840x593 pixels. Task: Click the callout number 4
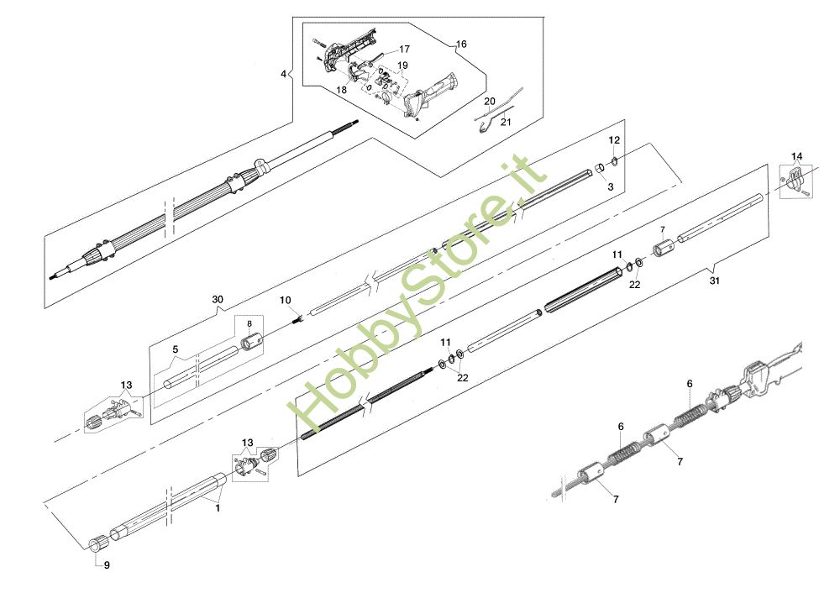click(x=283, y=74)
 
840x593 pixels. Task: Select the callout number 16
click(x=461, y=44)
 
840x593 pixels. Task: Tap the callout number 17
click(x=404, y=50)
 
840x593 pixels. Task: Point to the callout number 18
click(x=342, y=90)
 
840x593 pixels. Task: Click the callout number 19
click(x=403, y=66)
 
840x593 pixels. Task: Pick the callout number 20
click(x=489, y=102)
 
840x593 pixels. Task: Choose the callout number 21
click(x=506, y=122)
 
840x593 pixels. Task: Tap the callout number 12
click(x=614, y=139)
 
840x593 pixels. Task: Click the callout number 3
click(x=611, y=186)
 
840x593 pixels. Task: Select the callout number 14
click(x=796, y=156)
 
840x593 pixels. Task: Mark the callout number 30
click(x=218, y=299)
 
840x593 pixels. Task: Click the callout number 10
click(x=285, y=300)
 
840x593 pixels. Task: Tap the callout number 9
click(x=107, y=565)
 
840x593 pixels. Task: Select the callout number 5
click(x=176, y=349)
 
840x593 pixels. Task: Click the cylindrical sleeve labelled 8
click(x=251, y=343)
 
